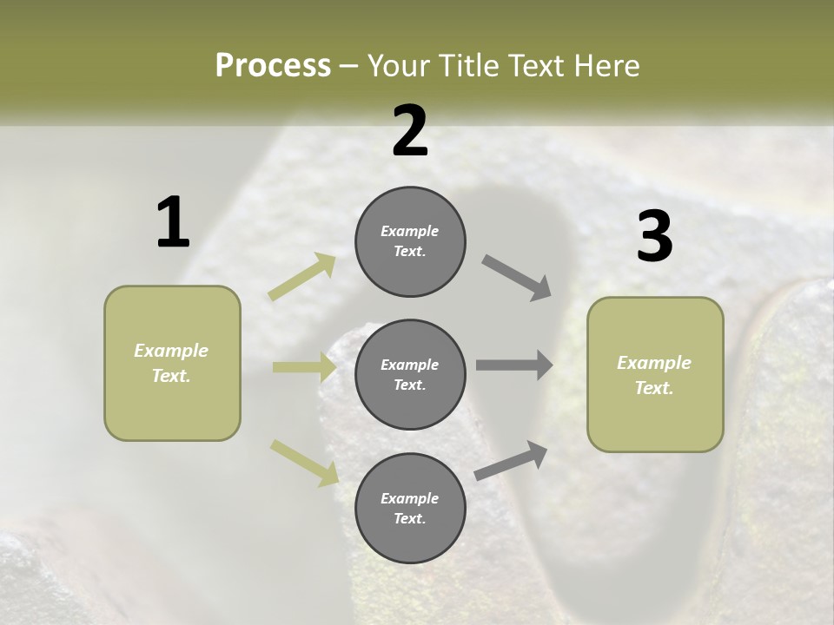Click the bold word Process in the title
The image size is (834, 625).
point(273,65)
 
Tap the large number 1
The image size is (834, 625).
point(172,222)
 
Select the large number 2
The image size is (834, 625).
point(410,131)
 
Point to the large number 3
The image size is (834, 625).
point(654,237)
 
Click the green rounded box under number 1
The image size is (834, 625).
point(172,363)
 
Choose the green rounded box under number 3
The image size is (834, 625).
point(655,375)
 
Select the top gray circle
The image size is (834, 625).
point(410,241)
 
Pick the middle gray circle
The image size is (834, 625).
point(410,375)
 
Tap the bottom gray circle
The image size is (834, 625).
point(410,509)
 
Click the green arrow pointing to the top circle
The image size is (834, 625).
point(302,277)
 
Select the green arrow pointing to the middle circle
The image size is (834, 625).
point(304,367)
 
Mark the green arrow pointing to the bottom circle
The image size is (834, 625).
point(304,462)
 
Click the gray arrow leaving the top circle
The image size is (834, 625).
point(517,278)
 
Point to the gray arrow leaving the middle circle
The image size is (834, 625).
point(514,365)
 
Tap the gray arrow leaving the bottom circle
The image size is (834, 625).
point(512,460)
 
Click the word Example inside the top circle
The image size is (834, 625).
point(410,231)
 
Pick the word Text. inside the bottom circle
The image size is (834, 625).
point(410,518)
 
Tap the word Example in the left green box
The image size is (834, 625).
point(171,351)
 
